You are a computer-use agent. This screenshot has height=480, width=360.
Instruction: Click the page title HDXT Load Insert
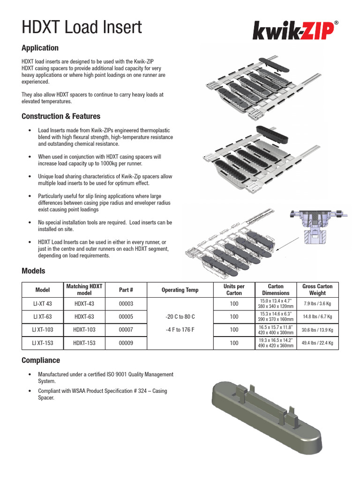pos(82,28)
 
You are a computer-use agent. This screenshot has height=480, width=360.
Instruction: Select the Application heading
pos(40,48)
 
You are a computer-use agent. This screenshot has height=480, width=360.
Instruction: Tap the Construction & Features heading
pos(61,116)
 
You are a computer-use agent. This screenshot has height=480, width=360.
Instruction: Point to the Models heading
pos(33,271)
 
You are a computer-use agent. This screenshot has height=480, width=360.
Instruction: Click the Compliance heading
pos(41,360)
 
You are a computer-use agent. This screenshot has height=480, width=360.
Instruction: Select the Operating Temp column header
pos(180,290)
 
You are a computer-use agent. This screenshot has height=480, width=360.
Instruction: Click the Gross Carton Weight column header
pos(317,290)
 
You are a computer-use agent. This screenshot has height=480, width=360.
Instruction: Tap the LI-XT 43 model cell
pos(42,303)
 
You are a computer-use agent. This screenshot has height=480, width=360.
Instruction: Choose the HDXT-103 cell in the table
pos(85,330)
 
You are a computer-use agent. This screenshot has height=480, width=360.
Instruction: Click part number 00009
pos(126,343)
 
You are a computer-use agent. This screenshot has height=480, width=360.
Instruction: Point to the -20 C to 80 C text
pos(180,317)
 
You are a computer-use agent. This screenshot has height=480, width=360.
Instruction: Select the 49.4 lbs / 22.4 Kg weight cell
pos(317,343)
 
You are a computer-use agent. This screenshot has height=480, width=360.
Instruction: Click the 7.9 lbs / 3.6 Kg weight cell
pos(317,303)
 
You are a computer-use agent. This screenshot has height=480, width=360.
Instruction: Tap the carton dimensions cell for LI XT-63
pos(276,316)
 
